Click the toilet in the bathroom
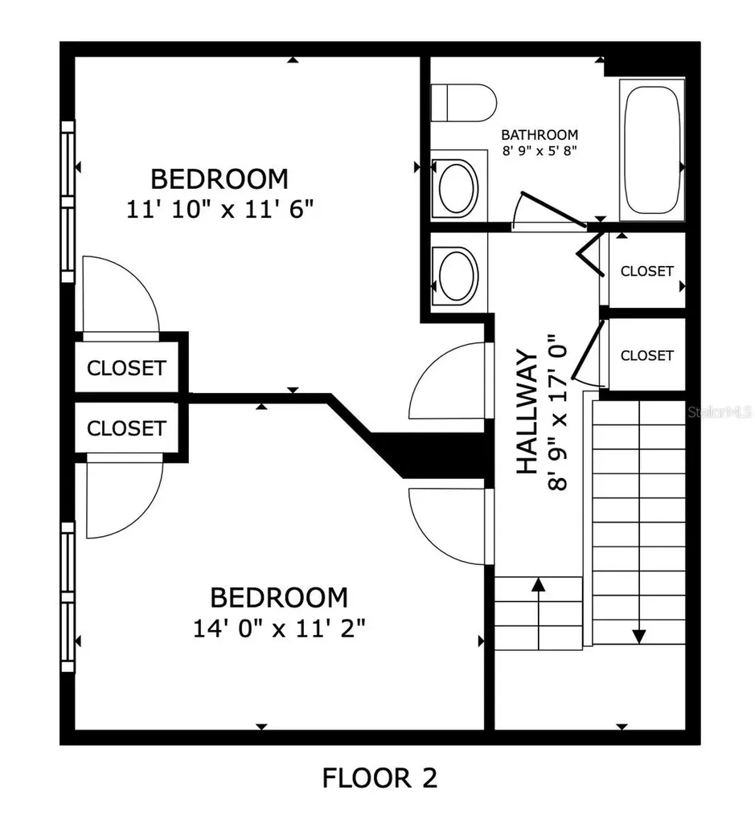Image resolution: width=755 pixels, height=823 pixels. coord(463,103)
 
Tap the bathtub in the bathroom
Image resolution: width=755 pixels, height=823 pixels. coord(651,150)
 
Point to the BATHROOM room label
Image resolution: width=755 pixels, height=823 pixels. coord(540,135)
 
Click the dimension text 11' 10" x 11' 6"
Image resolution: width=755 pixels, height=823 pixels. coord(220,210)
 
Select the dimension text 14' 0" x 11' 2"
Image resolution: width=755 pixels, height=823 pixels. coord(279,628)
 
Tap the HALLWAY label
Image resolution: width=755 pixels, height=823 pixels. coord(527,412)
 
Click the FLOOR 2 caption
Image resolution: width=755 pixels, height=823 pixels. coord(380,777)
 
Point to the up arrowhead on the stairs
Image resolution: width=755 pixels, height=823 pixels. coord(538,583)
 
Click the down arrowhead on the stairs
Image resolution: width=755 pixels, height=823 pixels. coord(638,637)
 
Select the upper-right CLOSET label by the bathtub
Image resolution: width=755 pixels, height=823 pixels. coord(646,271)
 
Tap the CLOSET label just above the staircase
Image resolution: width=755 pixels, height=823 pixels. coord(646,355)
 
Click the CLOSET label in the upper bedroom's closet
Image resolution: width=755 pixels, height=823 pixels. coord(126,368)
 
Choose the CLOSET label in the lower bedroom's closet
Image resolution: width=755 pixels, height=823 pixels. coord(126,428)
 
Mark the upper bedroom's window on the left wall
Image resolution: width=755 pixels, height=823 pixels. coord(68,202)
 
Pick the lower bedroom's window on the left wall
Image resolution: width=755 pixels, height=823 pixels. coord(68,597)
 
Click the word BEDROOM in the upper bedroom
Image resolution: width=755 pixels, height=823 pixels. coord(220,179)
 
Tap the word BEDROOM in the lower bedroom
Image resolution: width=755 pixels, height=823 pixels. coord(279,597)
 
